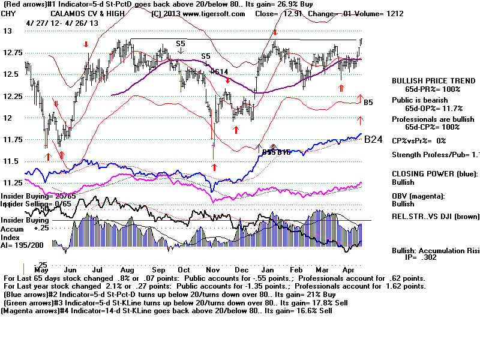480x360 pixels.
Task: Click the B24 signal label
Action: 373,139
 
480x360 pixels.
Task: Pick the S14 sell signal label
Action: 221,72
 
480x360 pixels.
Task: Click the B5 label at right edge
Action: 368,103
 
